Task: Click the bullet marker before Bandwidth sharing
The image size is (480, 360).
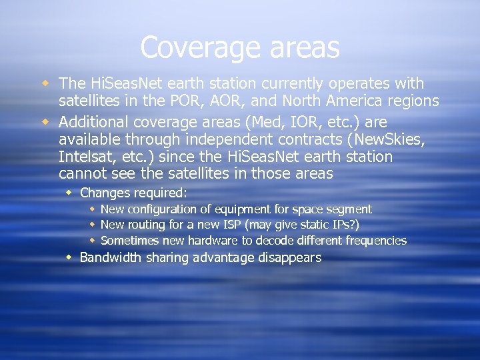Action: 70,257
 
